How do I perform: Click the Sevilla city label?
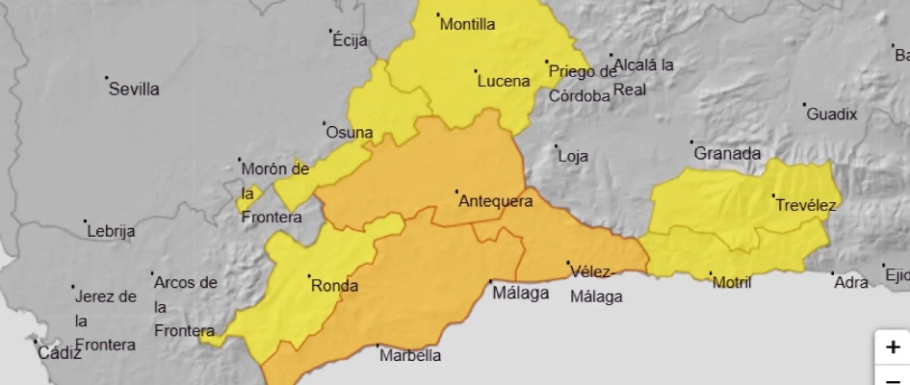coord(134,90)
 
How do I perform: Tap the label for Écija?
coord(351,40)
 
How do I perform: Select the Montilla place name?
coord(467,25)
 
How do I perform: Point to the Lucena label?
coord(504,82)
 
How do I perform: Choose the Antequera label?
coord(495,201)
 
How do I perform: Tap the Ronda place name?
coord(334,286)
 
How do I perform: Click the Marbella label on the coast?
coord(410,355)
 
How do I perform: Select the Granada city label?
coord(727,154)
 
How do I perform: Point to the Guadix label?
coord(831,115)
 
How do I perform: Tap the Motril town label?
coord(731,282)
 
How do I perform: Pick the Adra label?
coord(850,282)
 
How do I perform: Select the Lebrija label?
coord(111,231)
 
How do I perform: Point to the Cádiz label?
coord(60,352)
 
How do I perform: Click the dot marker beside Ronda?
coord(309,277)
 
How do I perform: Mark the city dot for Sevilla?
coord(107,77)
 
